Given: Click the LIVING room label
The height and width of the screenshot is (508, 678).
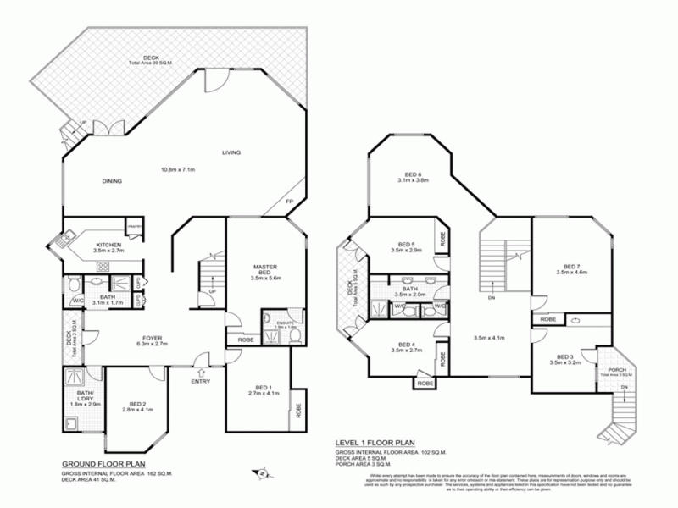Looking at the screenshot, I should pos(231,152).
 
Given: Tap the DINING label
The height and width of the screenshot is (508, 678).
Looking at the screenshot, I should pos(112,181).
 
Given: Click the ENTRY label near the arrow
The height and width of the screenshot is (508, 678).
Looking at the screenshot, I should pos(201,382).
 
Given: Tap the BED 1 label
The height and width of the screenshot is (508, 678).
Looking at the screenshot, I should pos(264,386).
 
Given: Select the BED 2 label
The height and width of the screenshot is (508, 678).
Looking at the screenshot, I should pos(139,404).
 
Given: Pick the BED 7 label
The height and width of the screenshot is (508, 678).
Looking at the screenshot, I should pos(572,265).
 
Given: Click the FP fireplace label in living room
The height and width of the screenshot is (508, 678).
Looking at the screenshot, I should pos(289,201).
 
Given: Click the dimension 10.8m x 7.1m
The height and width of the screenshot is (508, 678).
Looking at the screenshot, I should pos(179,169).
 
